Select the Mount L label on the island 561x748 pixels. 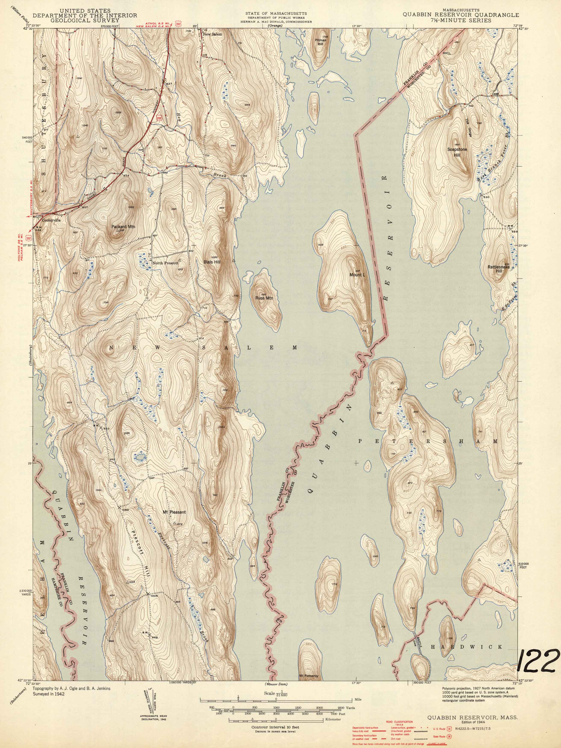click(357, 275)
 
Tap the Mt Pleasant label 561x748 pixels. click(174, 512)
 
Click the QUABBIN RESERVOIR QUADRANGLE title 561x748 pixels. click(461, 15)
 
